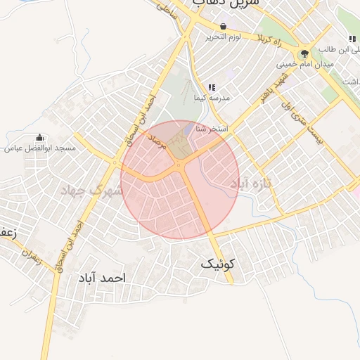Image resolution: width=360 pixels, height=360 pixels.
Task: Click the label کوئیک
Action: pyautogui.click(x=219, y=264)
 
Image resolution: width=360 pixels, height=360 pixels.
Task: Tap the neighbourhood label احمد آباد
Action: pyautogui.click(x=103, y=278)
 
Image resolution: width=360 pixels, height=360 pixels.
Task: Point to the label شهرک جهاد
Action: pyautogui.click(x=91, y=190)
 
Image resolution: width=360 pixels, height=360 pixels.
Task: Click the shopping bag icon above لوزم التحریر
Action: pyautogui.click(x=223, y=26)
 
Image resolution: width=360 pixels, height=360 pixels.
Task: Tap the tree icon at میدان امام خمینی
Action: pyautogui.click(x=304, y=53)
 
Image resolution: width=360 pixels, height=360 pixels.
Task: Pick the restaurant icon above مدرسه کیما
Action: pyautogui.click(x=212, y=87)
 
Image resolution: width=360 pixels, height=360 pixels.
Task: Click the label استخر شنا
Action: pyautogui.click(x=210, y=129)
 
